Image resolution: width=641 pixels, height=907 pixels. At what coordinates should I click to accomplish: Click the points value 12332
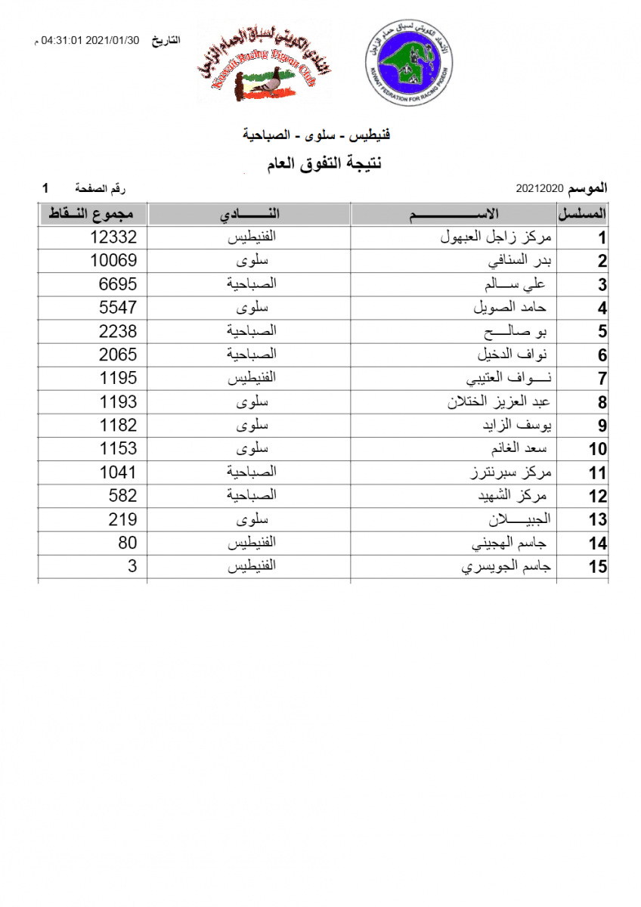click(x=113, y=237)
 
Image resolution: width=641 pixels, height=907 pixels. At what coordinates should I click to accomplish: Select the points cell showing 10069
click(x=113, y=261)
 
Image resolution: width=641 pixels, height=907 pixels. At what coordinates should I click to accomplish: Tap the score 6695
click(x=118, y=284)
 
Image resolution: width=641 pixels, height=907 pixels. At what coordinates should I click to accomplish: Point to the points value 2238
click(x=118, y=331)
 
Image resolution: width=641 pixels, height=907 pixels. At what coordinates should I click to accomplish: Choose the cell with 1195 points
click(x=118, y=378)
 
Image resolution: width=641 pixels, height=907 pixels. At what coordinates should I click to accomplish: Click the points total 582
click(x=122, y=495)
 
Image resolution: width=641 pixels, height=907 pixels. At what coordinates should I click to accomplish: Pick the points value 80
click(x=127, y=542)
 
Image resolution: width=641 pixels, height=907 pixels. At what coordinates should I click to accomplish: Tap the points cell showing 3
click(x=132, y=565)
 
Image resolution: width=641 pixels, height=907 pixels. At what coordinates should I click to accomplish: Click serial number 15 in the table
click(x=598, y=566)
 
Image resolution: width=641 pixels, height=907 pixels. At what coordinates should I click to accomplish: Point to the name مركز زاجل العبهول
click(x=496, y=237)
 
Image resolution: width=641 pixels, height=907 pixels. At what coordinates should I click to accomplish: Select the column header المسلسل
click(x=583, y=215)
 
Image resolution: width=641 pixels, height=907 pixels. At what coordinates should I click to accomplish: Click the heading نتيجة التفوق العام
click(x=321, y=163)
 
